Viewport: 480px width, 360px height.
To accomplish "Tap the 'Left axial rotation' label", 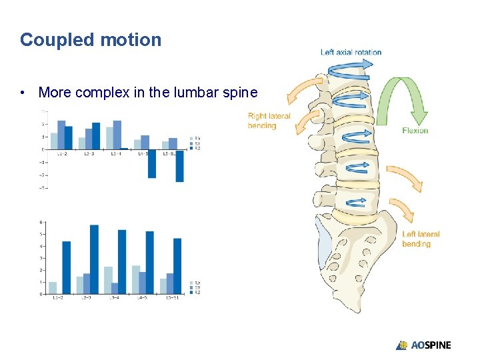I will [351, 52].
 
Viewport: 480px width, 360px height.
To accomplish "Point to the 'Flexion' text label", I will [415, 131].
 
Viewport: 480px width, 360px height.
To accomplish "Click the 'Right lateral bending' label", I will [269, 121].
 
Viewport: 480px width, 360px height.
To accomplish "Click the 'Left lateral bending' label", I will [421, 239].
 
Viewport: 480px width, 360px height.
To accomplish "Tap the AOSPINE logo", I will [423, 345].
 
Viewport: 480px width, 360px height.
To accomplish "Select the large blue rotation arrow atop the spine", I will [349, 67].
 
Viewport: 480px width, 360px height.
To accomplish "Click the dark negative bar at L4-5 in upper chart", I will [152, 163].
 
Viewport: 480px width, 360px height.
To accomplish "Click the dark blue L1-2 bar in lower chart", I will [66, 267].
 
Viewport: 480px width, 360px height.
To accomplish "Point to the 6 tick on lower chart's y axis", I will [42, 222].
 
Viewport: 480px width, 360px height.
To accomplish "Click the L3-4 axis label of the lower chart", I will [115, 297].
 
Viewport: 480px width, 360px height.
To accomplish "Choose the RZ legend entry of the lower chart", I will [197, 292].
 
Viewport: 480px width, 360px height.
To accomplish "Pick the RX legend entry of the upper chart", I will [197, 138].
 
